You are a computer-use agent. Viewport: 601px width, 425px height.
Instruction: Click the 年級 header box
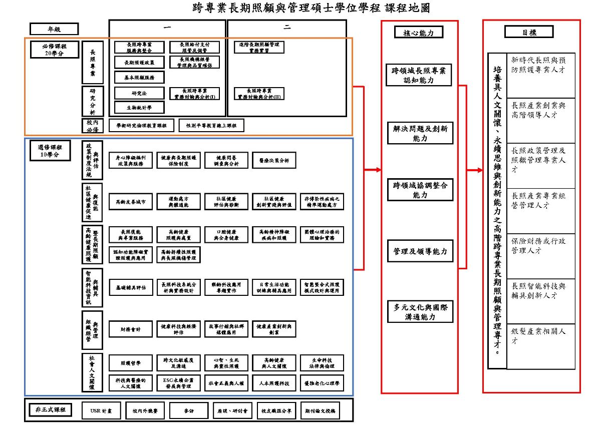point(54,29)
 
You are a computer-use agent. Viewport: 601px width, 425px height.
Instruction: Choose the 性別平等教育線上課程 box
point(211,125)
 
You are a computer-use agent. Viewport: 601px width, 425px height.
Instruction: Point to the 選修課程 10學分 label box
point(50,152)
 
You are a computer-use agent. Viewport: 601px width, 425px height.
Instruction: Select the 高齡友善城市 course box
point(130,201)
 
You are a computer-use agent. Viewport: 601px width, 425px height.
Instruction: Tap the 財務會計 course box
point(130,329)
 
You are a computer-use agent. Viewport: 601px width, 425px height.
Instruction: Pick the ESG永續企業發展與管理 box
point(178,383)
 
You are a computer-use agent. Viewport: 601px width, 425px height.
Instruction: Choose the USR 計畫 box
point(98,411)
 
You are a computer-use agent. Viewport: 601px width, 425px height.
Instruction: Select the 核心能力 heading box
point(419,33)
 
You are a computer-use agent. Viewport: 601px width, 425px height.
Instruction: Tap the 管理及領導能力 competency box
point(420,251)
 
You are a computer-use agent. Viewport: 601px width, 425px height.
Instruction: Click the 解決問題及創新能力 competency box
point(420,133)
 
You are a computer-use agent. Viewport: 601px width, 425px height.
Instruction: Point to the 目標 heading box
point(529,32)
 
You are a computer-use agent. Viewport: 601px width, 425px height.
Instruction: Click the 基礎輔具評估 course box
point(130,288)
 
